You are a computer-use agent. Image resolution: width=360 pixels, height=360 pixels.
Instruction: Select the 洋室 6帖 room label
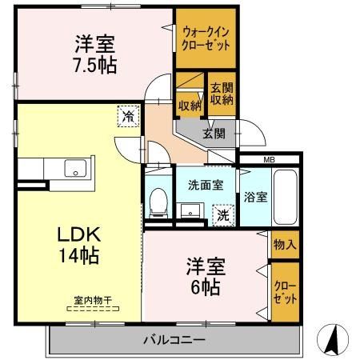(205, 276)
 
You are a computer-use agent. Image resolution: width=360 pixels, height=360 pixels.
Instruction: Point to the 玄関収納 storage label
(222, 94)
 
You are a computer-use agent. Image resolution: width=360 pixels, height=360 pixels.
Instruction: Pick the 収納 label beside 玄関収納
(190, 105)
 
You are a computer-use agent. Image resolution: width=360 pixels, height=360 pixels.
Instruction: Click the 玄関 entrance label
(213, 133)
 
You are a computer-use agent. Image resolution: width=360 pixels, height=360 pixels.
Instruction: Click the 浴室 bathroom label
(255, 196)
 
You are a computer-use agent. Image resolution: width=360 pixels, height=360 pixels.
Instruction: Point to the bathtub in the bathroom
(285, 198)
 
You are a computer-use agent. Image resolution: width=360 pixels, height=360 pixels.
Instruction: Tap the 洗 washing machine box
(225, 214)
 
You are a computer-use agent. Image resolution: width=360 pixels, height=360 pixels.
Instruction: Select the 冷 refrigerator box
(128, 115)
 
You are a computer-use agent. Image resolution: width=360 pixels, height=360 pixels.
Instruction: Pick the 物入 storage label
(284, 242)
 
